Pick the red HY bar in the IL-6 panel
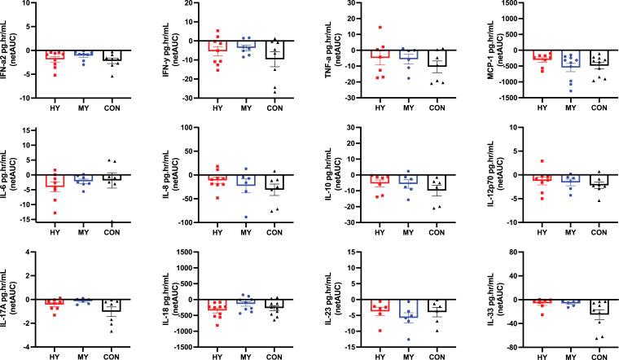pos(56,181)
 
